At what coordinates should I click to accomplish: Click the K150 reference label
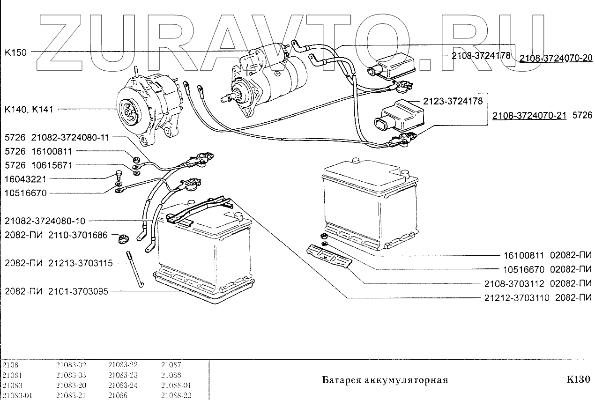coord(15,52)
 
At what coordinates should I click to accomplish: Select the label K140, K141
coord(29,110)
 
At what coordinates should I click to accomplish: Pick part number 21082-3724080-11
coord(70,138)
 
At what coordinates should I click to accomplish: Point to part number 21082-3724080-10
coord(46,221)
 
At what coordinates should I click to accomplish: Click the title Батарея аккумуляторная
coord(385,379)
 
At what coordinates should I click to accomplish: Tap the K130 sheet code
coord(578,379)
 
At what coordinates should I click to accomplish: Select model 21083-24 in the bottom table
coord(123,385)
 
